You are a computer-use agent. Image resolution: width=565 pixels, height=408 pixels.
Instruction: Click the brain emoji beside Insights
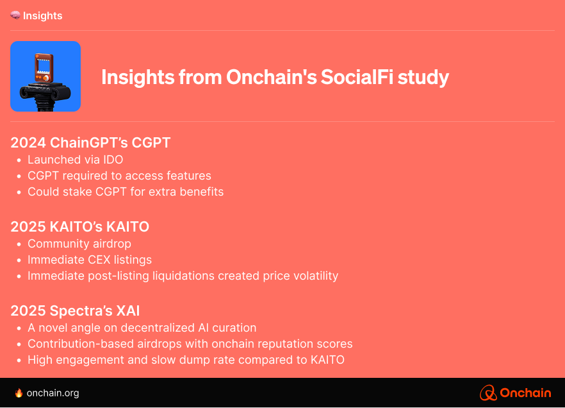(15, 15)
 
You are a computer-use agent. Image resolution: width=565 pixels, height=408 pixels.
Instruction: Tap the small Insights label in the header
(42, 16)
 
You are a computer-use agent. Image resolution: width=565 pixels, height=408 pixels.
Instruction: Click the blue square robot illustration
(45, 76)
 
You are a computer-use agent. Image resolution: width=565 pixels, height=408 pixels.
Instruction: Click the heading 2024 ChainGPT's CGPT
(90, 143)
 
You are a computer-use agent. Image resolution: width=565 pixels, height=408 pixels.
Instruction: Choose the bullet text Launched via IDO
(76, 160)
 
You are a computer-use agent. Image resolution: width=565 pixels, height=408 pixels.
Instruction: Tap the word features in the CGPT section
(188, 176)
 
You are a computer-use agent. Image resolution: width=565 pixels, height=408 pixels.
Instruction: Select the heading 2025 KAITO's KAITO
(79, 227)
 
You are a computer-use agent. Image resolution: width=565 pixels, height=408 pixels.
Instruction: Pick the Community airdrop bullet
(79, 244)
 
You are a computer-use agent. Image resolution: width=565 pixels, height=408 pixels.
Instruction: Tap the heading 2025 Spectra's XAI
(75, 311)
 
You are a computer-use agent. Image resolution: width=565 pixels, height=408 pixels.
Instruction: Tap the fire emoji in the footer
(19, 393)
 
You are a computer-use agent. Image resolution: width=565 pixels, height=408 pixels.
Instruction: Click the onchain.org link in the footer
(53, 393)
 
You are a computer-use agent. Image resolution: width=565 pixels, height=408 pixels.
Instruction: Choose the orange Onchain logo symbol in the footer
(488, 393)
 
